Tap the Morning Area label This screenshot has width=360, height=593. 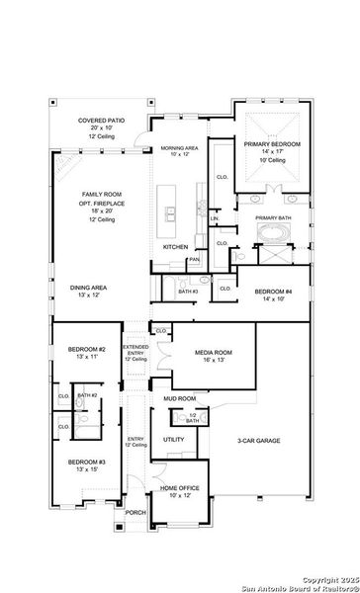179,148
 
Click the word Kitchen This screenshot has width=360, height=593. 176,246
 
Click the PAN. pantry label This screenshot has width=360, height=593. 195,260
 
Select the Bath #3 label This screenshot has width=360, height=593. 188,292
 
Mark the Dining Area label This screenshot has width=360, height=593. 88,289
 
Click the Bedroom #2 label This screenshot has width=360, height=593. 87,350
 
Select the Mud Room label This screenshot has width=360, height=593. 180,399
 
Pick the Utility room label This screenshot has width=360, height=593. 173,439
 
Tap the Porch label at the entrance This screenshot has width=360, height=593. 135,513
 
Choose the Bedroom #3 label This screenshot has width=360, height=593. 87,463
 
